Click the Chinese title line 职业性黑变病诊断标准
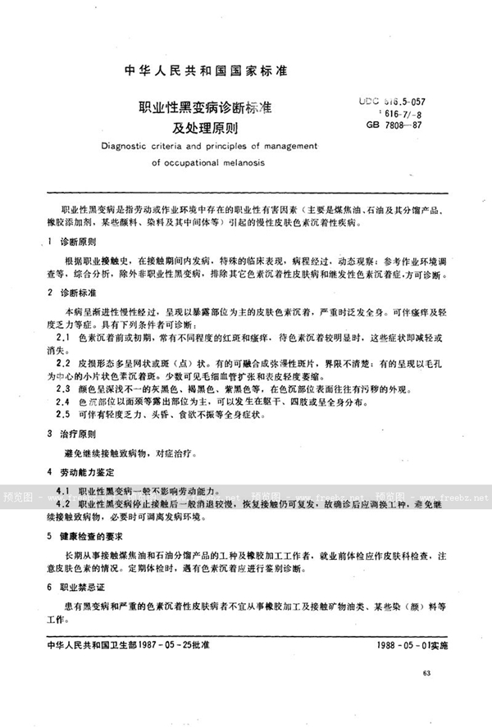click(x=199, y=108)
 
